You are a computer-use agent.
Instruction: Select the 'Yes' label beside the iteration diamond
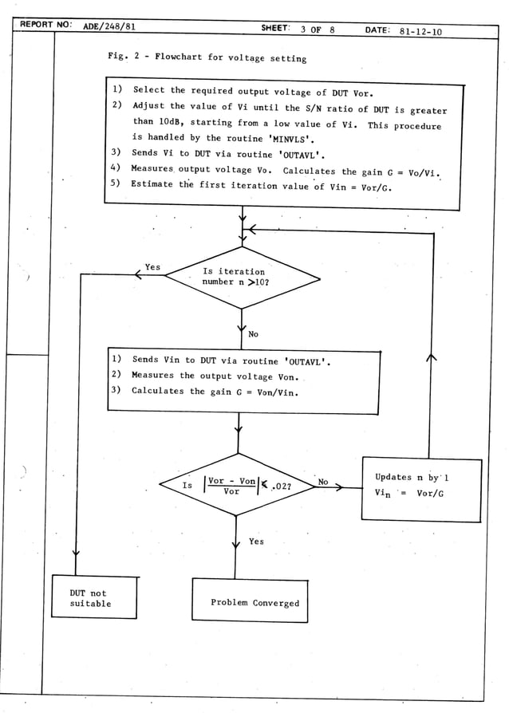152,267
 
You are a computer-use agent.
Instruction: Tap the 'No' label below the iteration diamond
253,334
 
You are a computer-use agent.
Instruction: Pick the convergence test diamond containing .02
238,485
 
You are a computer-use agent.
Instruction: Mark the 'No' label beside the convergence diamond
323,482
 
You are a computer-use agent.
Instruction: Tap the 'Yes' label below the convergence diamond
255,542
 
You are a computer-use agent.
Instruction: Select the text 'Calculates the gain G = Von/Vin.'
215,391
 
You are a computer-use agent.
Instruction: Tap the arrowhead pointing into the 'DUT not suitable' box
75,552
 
